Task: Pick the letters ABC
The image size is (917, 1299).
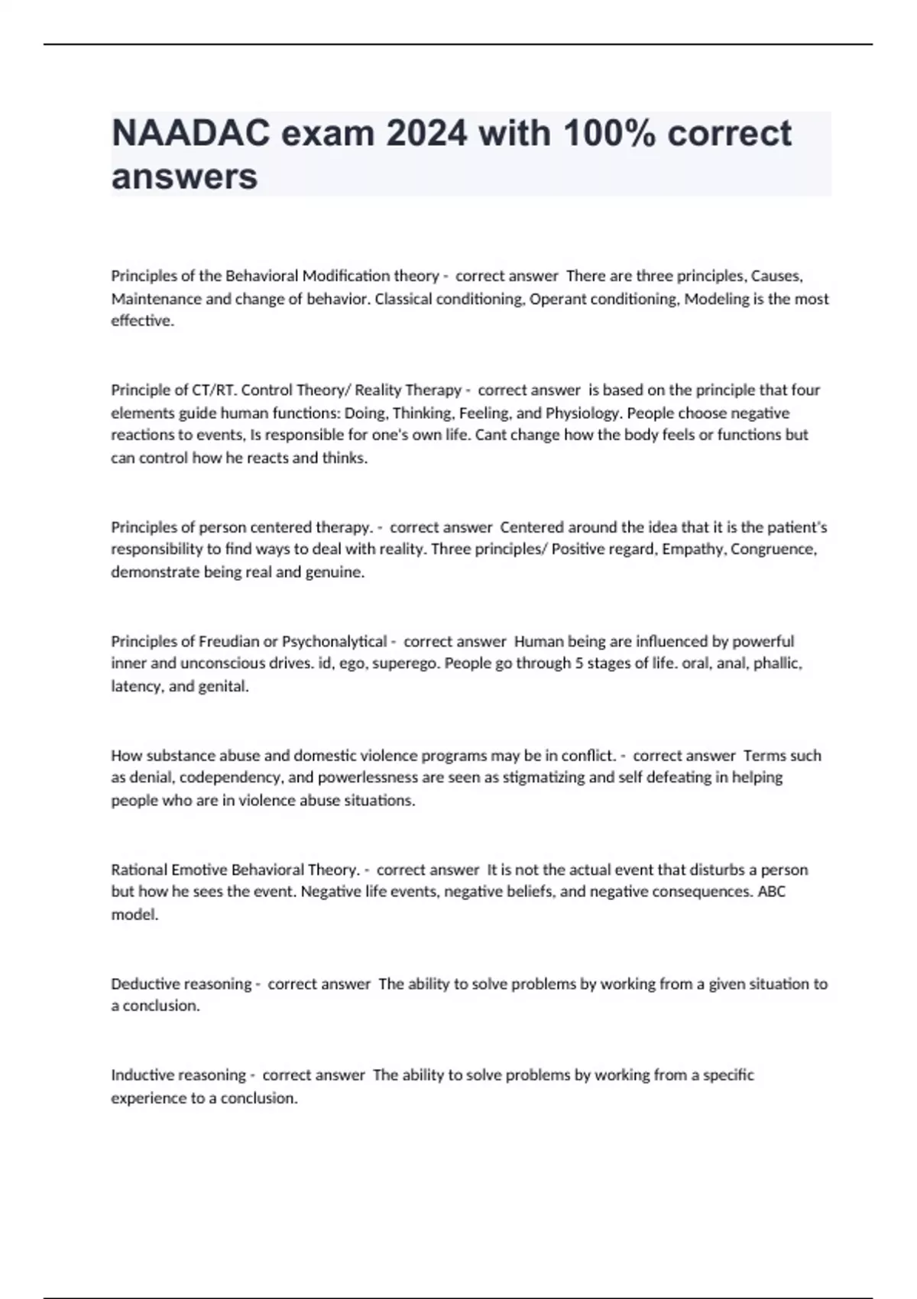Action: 771,892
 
